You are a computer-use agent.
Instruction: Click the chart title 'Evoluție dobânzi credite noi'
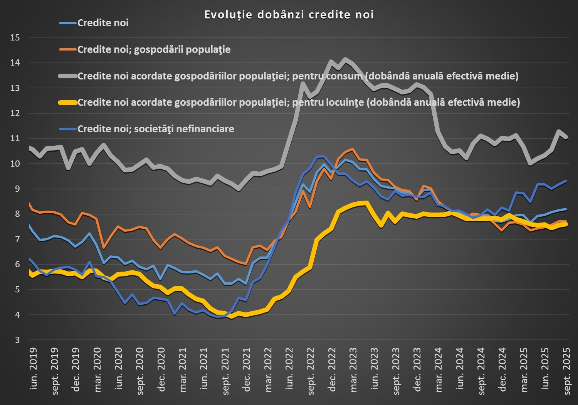[x=289, y=15]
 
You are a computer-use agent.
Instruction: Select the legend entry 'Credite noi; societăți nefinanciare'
[x=156, y=129]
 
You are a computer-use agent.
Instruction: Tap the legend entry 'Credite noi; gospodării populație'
[x=154, y=50]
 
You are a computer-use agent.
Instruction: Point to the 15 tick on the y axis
[x=15, y=38]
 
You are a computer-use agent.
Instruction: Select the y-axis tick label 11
[x=15, y=138]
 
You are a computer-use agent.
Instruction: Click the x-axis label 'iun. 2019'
[x=34, y=368]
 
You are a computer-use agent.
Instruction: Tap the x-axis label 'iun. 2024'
[x=460, y=368]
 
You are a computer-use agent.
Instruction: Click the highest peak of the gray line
[x=345, y=59]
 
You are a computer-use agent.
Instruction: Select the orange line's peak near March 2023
[x=353, y=149]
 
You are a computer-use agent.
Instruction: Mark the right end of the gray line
[x=566, y=137]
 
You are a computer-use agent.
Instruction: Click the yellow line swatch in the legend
[x=68, y=103]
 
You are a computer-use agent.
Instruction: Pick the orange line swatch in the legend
[x=68, y=50]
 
